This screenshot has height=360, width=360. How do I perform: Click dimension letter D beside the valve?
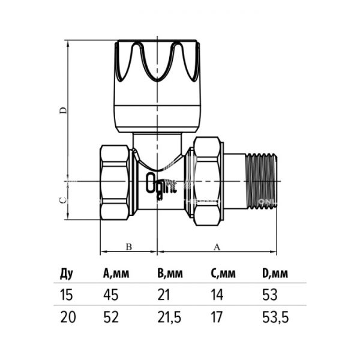[61, 111]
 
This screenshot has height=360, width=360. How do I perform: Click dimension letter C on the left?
[61, 201]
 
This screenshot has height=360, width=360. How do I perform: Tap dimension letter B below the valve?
[127, 246]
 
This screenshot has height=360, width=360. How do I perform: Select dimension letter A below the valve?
[216, 246]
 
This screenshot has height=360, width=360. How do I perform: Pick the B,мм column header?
[169, 275]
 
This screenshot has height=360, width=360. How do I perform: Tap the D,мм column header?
[276, 275]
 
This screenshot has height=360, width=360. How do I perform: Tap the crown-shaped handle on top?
[155, 63]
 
